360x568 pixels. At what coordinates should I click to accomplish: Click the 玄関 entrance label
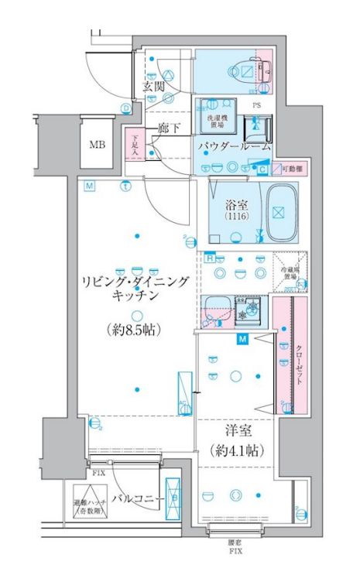(153, 86)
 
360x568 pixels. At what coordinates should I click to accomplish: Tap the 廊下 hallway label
(169, 128)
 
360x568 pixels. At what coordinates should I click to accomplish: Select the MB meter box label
(98, 145)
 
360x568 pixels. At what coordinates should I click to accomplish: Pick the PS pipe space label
(256, 104)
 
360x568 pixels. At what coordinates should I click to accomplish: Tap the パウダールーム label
(234, 145)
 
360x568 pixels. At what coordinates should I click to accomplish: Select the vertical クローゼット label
(298, 365)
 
